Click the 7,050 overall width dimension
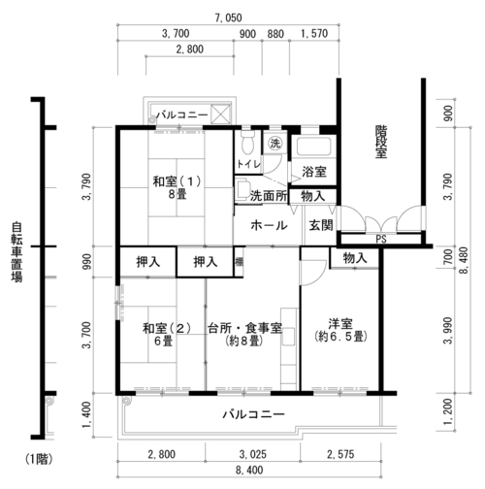(228, 17)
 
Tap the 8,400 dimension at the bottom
(249, 470)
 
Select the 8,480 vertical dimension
(464, 261)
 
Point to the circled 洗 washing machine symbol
(275, 143)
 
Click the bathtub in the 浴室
(313, 147)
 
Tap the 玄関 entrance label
(321, 225)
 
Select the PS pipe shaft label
(381, 239)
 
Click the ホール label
(269, 225)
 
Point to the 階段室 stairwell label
(381, 142)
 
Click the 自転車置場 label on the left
(16, 252)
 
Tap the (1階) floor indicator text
(39, 459)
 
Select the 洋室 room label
(340, 323)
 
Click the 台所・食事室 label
(244, 328)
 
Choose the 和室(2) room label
(167, 329)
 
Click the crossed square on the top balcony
(220, 114)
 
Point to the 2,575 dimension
(340, 454)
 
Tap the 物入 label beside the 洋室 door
(355, 258)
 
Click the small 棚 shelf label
(239, 262)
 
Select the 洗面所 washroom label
(269, 196)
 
